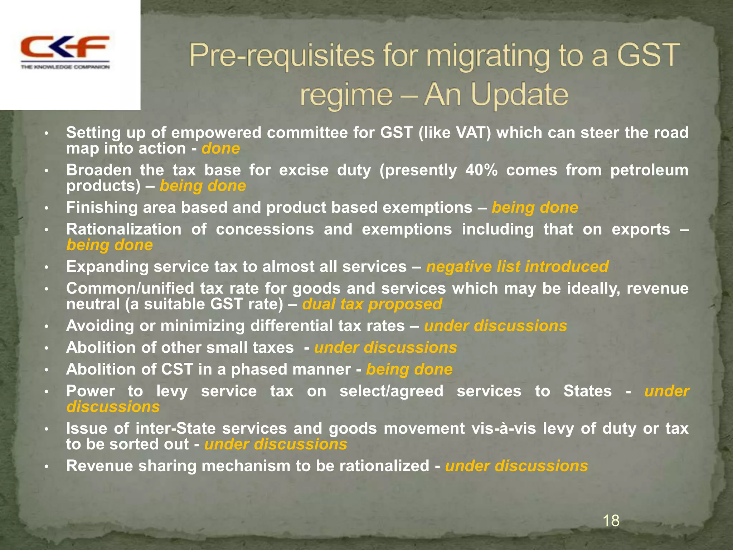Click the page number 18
(611, 520)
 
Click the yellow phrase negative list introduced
(517, 267)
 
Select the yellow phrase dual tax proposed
(372, 304)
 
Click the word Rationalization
(123, 229)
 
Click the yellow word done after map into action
(220, 149)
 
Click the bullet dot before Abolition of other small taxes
(46, 348)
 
